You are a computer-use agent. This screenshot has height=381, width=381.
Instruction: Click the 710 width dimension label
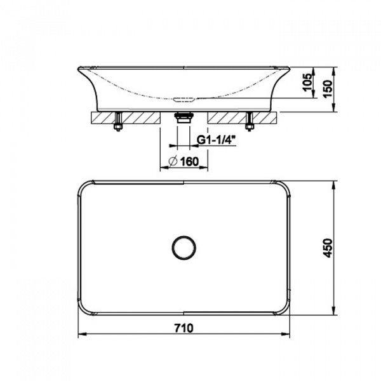point(184,328)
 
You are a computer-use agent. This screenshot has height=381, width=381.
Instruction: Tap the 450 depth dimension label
point(328,248)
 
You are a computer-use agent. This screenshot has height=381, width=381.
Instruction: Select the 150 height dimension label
point(328,88)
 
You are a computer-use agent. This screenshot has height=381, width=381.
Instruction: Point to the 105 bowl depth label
point(308,82)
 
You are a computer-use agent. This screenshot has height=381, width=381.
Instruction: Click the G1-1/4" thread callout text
point(216,140)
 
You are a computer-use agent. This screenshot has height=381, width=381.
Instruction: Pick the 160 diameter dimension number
point(189,161)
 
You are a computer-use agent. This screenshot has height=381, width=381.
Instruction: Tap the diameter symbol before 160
point(173,161)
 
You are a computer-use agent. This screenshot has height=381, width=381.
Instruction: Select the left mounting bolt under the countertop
point(118,121)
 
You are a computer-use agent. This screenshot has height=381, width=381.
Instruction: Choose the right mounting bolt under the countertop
point(249,121)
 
